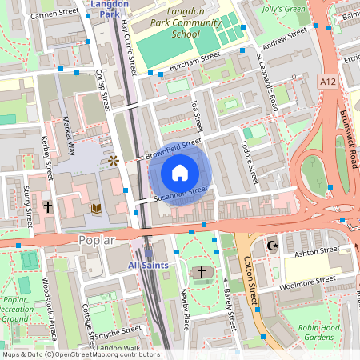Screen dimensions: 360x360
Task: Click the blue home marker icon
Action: point(179,173)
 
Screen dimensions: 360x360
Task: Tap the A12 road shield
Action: point(326,82)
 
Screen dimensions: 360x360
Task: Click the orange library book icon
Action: point(97,208)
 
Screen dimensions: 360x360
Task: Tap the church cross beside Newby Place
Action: point(201,273)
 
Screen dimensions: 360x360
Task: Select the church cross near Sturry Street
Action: point(48,206)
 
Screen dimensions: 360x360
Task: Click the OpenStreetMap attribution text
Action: point(80,354)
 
